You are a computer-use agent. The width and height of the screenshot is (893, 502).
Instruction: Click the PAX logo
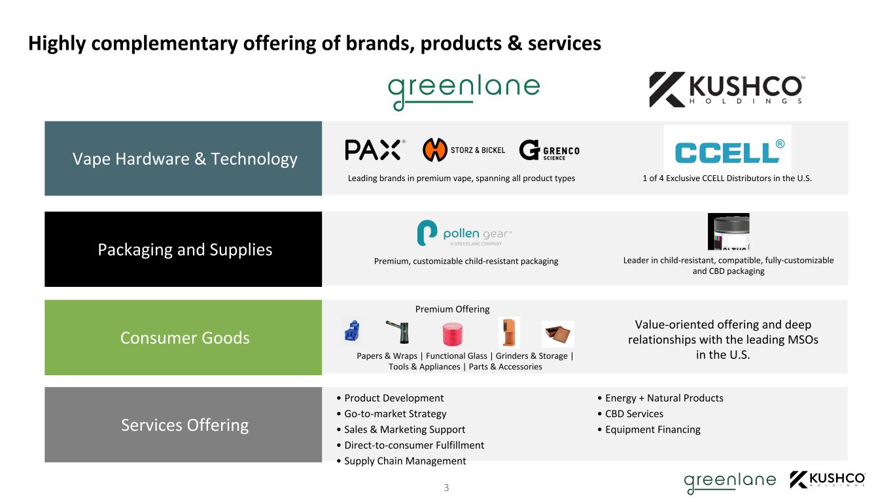click(x=375, y=150)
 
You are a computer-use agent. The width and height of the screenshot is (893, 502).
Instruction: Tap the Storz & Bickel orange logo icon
click(x=435, y=150)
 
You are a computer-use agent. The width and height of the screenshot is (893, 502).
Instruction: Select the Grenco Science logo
click(x=550, y=150)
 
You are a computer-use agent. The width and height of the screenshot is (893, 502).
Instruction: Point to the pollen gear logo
click(x=464, y=233)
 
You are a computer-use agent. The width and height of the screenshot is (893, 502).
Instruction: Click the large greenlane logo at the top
click(x=464, y=92)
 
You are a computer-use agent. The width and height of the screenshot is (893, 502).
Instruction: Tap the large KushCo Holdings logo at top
click(x=727, y=90)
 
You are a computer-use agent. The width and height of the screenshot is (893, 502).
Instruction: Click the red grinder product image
click(x=453, y=334)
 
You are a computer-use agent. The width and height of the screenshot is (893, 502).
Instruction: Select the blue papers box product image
click(x=352, y=331)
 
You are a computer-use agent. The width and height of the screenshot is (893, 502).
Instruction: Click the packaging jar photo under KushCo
click(x=728, y=231)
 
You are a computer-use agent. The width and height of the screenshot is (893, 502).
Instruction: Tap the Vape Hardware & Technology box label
click(x=184, y=159)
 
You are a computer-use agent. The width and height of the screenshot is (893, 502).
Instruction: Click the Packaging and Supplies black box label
click(x=185, y=250)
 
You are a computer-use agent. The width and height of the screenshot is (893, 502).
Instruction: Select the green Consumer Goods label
click(x=185, y=338)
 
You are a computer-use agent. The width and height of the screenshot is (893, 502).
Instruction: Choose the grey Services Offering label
click(x=185, y=425)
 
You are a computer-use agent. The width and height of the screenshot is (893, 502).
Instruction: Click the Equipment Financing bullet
click(x=649, y=429)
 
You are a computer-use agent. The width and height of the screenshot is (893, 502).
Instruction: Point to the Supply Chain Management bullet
click(x=401, y=461)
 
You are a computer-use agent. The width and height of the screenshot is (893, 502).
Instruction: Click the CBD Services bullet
click(x=630, y=414)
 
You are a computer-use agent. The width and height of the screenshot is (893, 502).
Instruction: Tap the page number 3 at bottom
click(x=446, y=488)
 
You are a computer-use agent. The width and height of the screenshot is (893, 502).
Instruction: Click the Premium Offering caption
click(x=453, y=309)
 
